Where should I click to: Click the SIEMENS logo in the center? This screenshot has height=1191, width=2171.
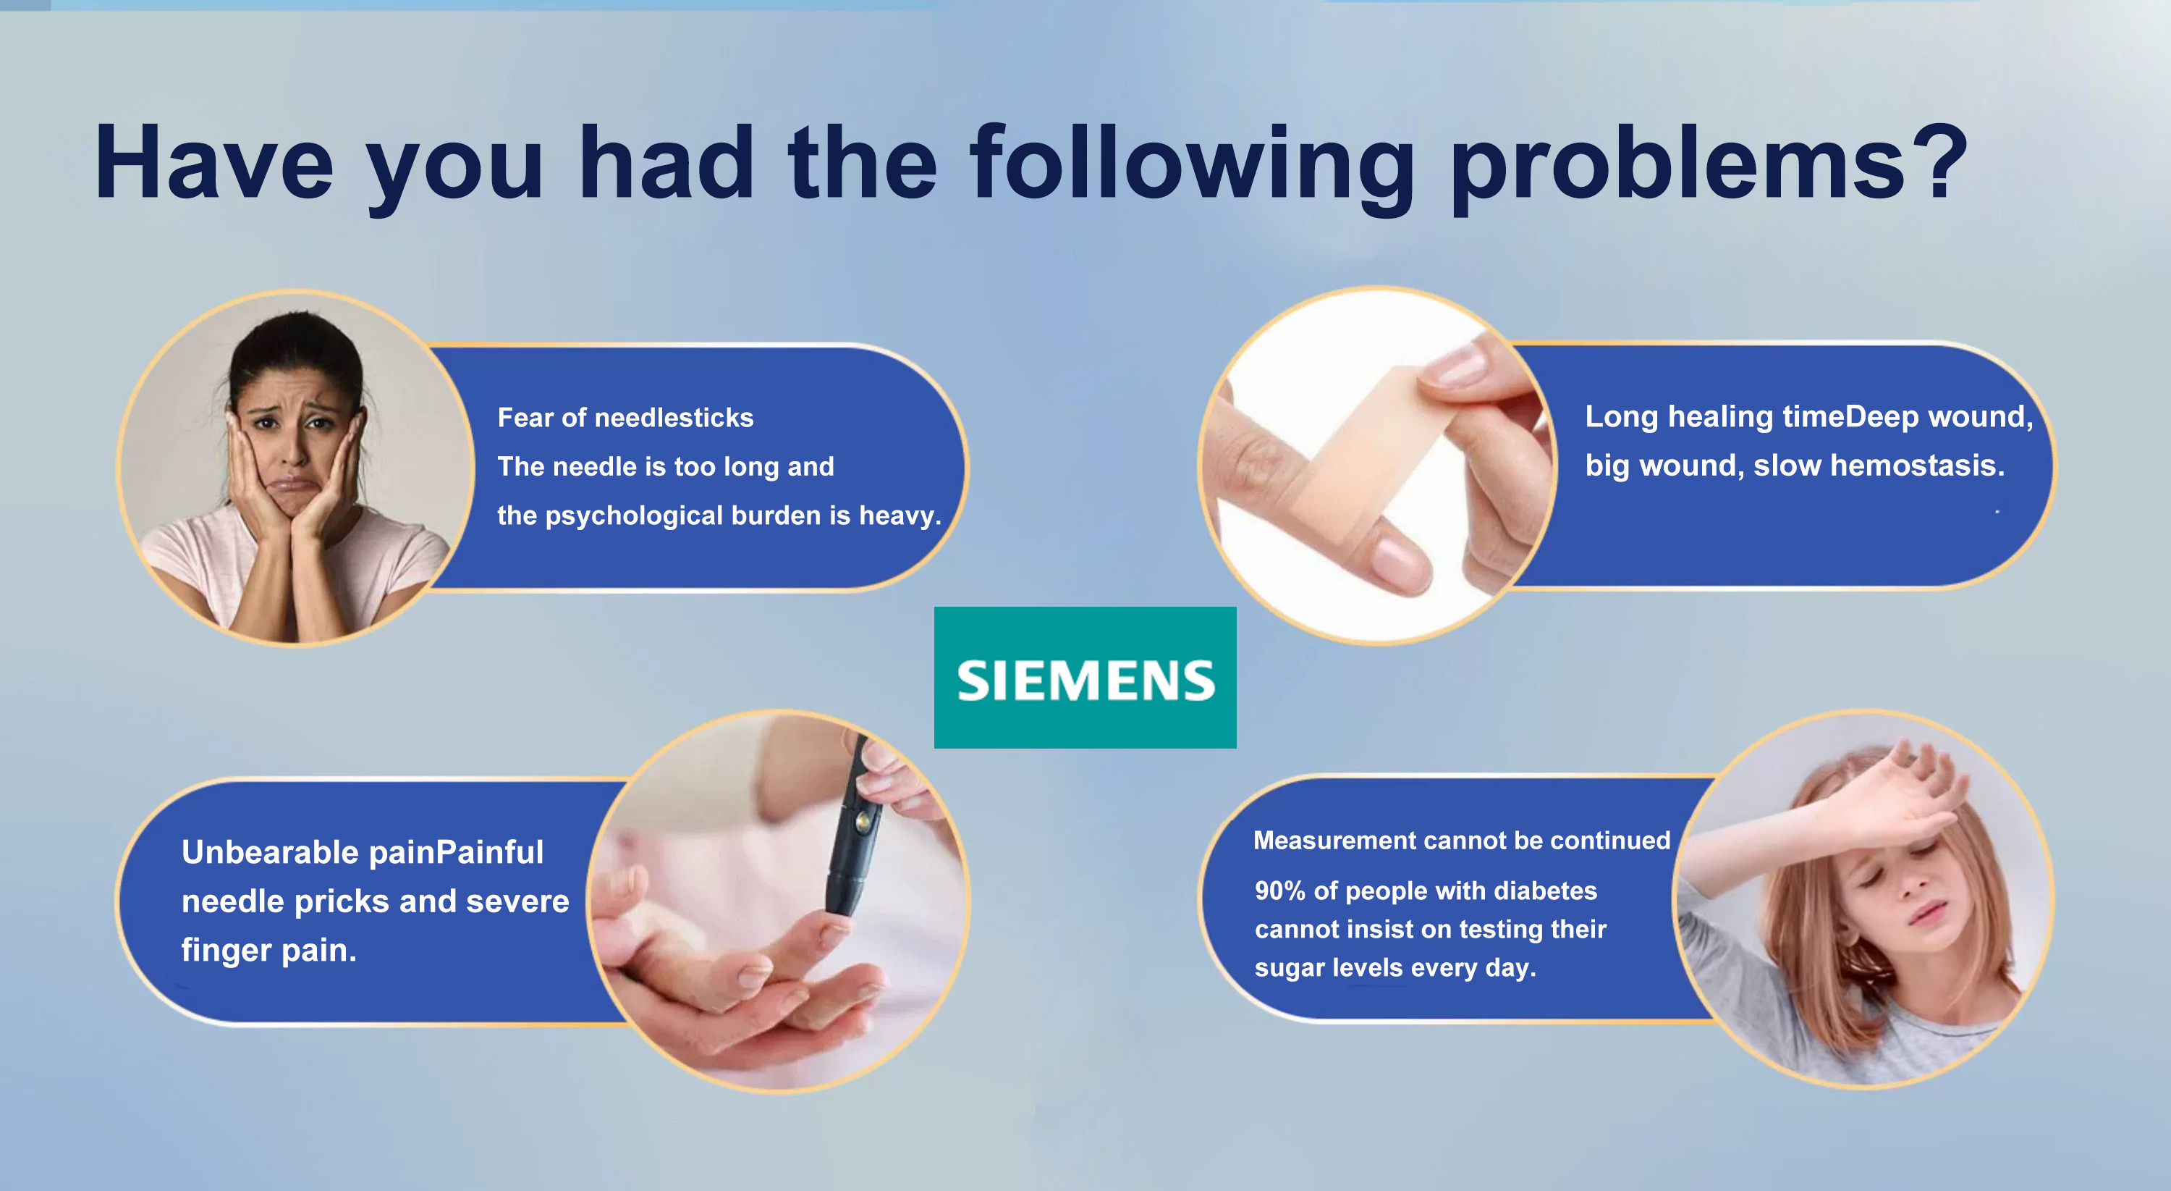coord(1085,678)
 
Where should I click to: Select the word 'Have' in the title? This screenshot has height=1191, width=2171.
coord(214,162)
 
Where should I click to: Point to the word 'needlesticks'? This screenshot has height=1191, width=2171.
coord(674,417)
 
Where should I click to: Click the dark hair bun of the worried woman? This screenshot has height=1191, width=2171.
coord(295,337)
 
